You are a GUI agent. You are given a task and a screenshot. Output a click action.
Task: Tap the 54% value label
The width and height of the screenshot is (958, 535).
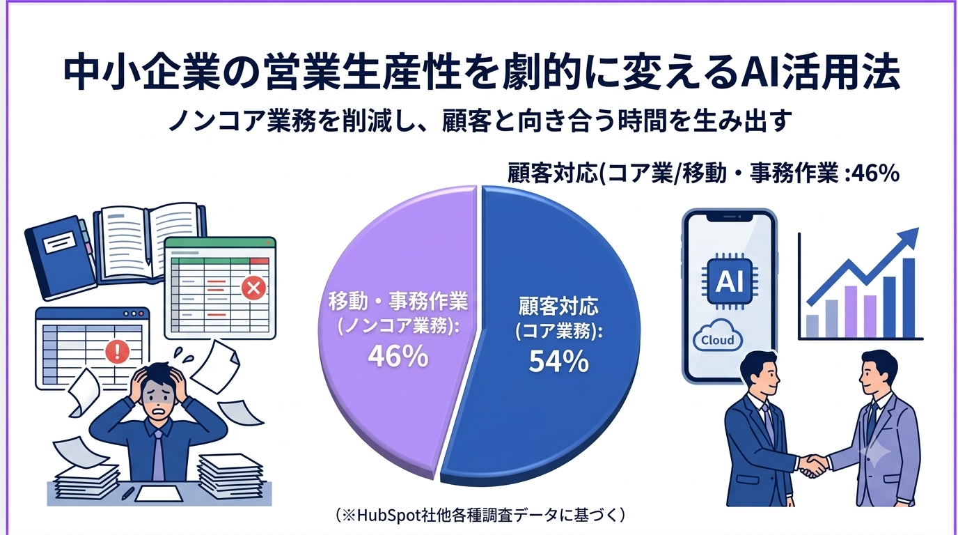pos(558,361)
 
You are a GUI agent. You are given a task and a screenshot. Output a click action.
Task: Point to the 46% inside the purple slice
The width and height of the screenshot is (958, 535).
pos(398,356)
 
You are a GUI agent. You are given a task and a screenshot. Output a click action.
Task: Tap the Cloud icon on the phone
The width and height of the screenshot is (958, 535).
pos(718,336)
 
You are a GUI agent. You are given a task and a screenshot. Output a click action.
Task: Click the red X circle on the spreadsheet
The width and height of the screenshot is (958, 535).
pos(253,288)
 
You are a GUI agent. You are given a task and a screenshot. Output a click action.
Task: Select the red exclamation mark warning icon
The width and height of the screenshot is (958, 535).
pos(117,352)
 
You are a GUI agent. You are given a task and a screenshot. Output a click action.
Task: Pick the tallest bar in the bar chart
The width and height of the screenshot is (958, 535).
pos(908,298)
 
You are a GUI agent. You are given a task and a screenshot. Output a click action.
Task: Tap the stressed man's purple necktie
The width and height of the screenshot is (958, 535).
pos(158,456)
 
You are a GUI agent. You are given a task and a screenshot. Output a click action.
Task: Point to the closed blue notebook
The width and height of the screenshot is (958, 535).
pos(60,257)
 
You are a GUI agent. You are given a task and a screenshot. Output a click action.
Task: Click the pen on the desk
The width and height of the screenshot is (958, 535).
pos(128,493)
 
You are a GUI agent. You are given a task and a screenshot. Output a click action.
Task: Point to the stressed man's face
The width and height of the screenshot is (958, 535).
pos(159,394)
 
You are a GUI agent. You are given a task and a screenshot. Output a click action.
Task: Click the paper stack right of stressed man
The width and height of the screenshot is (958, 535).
pos(231,476)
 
